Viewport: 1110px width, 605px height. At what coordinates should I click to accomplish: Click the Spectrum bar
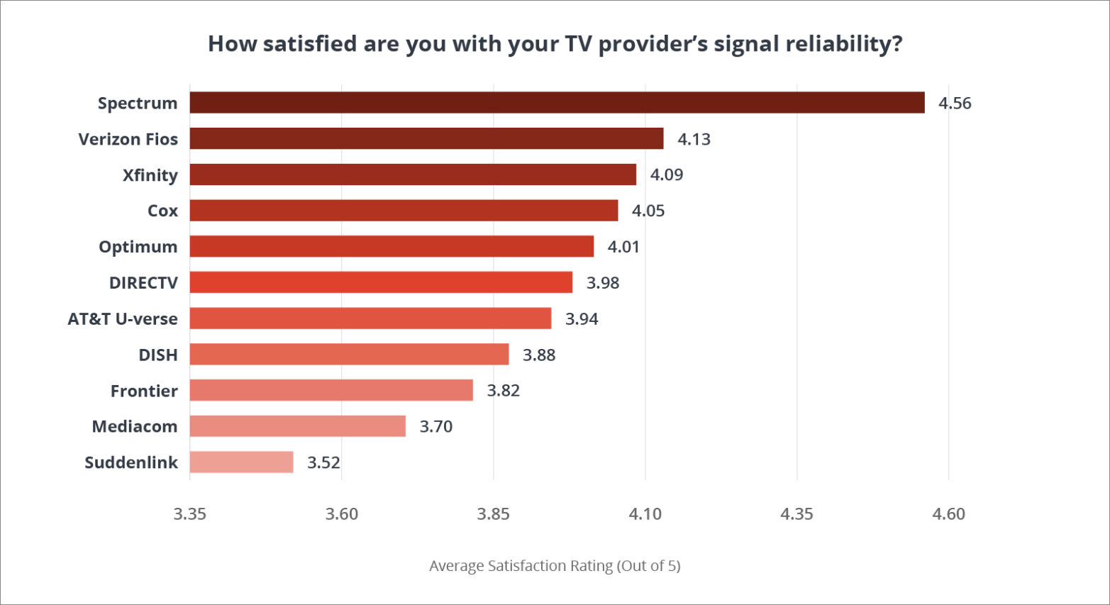557,103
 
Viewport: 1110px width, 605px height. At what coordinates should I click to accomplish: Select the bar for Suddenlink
241,462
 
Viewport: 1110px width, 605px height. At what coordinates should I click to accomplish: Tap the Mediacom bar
297,426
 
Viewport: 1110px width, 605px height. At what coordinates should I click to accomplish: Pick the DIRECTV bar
381,282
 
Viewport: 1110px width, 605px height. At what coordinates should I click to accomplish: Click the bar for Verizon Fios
426,139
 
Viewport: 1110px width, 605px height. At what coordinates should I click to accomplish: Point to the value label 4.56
955,104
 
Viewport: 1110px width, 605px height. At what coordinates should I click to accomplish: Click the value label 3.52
323,463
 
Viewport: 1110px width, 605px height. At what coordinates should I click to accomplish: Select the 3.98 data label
603,283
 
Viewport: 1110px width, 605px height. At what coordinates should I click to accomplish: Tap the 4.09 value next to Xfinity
667,175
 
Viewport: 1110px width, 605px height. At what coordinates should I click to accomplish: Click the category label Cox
162,211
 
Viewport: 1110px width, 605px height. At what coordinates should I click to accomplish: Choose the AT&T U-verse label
123,319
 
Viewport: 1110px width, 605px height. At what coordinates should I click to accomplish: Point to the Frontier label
144,391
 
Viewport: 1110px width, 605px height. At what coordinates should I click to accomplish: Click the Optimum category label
138,247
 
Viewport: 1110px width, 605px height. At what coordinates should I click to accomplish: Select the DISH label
158,355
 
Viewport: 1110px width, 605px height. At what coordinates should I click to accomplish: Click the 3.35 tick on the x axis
190,514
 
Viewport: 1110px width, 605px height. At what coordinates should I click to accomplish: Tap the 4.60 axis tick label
948,514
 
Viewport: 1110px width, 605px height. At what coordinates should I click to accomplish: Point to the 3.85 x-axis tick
493,514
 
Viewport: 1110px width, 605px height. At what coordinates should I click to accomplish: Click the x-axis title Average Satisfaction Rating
555,566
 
